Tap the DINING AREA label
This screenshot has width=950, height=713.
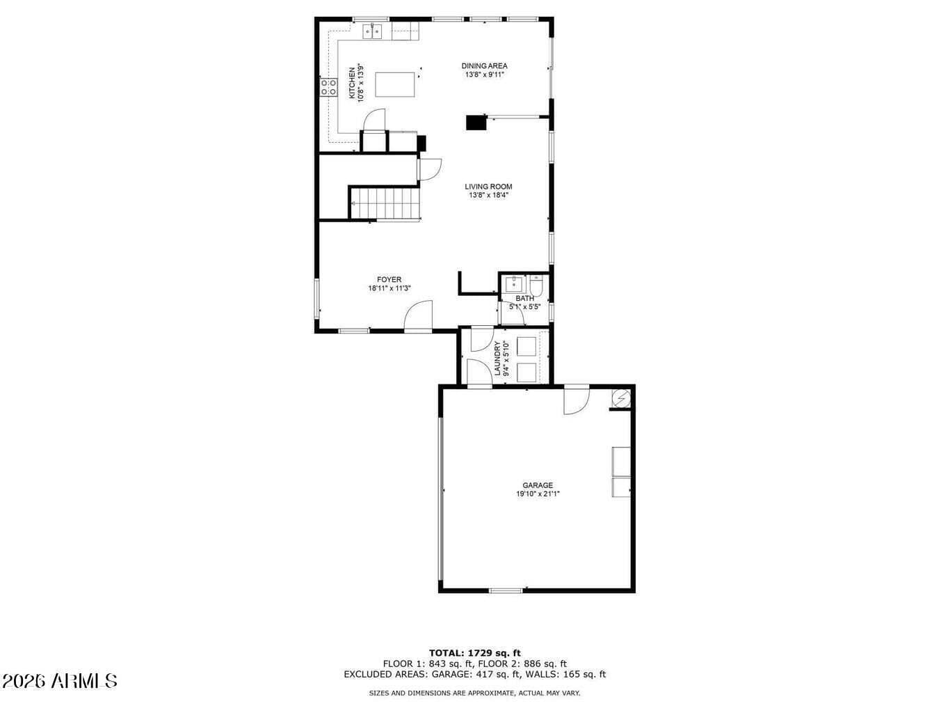point(484,66)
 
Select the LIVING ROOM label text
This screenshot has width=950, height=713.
point(488,187)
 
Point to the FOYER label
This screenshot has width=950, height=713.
point(389,280)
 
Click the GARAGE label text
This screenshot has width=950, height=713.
point(538,485)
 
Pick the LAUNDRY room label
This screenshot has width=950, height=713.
point(497,358)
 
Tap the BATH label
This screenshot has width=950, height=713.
point(524,299)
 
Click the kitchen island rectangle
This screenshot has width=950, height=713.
point(395,84)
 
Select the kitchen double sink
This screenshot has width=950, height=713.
point(373,32)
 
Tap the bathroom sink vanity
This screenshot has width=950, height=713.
point(514,285)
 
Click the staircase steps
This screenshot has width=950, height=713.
point(385,203)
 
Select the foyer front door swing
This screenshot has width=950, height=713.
point(418,315)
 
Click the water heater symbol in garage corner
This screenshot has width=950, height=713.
point(621,397)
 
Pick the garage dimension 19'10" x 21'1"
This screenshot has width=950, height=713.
point(538,494)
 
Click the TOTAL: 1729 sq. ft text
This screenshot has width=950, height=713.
point(475,653)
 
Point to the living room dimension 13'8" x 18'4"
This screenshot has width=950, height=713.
point(488,195)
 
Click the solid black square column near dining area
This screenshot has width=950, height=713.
point(476,123)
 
